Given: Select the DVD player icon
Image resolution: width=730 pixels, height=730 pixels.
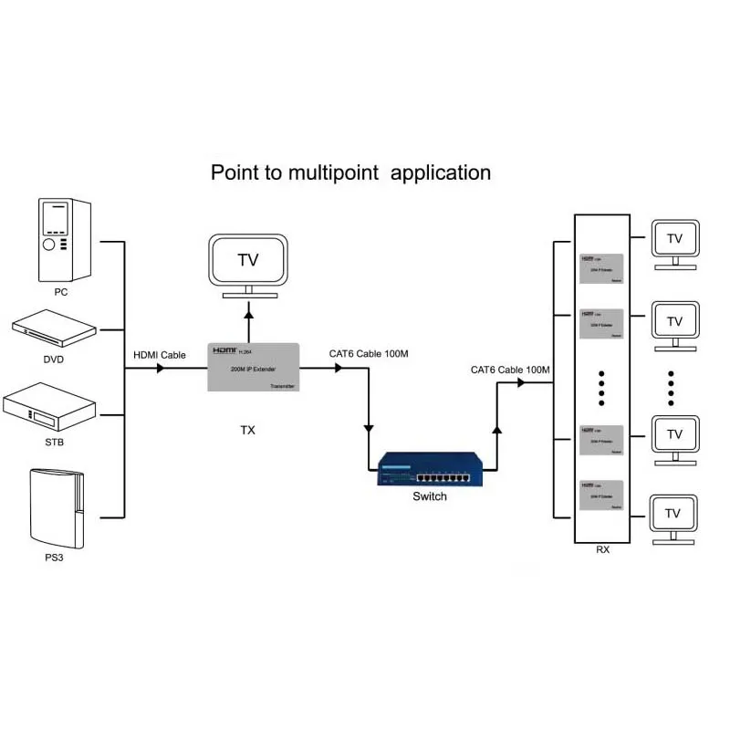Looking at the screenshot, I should click(x=53, y=328).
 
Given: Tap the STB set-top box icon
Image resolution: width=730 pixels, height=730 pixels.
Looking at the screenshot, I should click(x=51, y=409).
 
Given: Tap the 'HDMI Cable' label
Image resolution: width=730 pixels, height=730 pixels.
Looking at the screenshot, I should click(x=160, y=355).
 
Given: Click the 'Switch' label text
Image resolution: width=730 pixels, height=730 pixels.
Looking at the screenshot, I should click(x=430, y=496).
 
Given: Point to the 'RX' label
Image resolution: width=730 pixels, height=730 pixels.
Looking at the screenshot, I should click(x=602, y=550).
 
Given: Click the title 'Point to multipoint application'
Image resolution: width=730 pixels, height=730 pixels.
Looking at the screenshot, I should click(x=350, y=172).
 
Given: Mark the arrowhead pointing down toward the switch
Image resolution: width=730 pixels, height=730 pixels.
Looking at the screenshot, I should click(x=369, y=426).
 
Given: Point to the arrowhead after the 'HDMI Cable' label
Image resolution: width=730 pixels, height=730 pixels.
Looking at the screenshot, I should click(x=162, y=369).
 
